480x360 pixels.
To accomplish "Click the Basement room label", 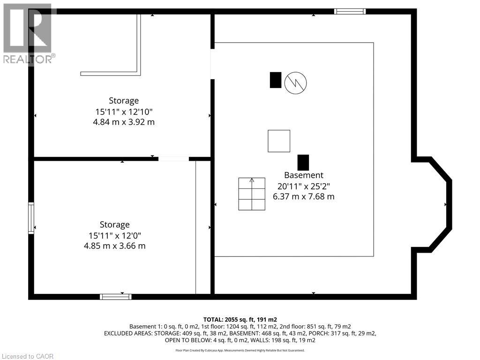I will tap(303, 175).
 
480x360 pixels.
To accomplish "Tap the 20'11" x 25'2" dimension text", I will tap(303, 186).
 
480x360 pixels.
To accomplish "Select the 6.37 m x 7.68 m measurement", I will tap(303, 197).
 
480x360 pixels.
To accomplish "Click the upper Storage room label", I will tap(124, 100).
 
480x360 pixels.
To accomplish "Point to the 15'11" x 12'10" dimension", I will tap(124, 112).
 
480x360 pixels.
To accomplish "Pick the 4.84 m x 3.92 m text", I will tap(124, 122).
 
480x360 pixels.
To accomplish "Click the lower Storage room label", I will tap(114, 225).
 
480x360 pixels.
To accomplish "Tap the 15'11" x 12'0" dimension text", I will tap(114, 235).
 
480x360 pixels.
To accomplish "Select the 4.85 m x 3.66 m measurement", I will tap(114, 246).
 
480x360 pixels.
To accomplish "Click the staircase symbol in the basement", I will tap(252, 194).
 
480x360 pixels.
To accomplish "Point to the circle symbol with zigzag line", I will tap(296, 82).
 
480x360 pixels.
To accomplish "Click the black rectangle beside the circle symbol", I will tap(276, 80).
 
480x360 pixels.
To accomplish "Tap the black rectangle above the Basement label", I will tap(303, 162).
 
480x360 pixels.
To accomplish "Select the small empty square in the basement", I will tap(279, 141).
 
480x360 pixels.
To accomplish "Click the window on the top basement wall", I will tap(350, 11).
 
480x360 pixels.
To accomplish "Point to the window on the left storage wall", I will tap(31, 218).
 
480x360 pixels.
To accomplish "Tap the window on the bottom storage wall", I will tap(116, 296).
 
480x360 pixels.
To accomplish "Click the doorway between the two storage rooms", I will tap(173, 159).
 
